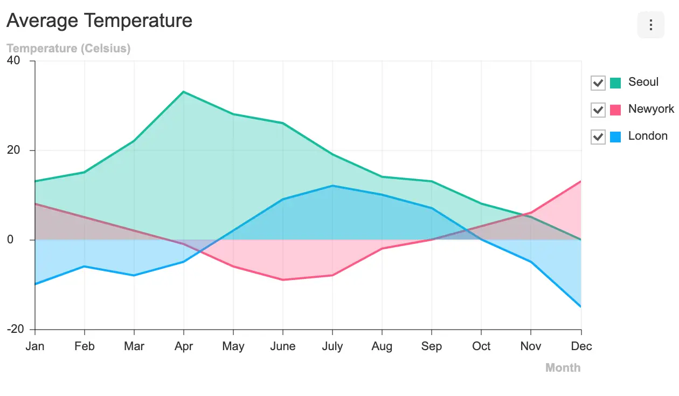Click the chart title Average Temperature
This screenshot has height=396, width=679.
pyautogui.click(x=99, y=21)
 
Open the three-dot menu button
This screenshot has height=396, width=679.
pyautogui.click(x=650, y=25)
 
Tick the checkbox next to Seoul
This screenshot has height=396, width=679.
pyautogui.click(x=598, y=83)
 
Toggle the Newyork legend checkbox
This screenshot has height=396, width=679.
pyautogui.click(x=598, y=110)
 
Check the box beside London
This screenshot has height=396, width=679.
pyautogui.click(x=598, y=136)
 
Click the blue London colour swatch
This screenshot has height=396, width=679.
pyautogui.click(x=615, y=137)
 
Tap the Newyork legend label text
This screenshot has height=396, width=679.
pyautogui.click(x=651, y=109)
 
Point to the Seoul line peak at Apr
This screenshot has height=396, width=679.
pyautogui.click(x=184, y=92)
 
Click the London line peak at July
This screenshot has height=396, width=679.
pyautogui.click(x=332, y=186)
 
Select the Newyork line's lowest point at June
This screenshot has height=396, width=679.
pyautogui.click(x=283, y=279)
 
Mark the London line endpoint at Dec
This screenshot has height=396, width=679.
pyautogui.click(x=580, y=306)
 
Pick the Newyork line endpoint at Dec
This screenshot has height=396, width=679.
pyautogui.click(x=580, y=181)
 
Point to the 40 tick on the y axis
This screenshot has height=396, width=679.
pyautogui.click(x=14, y=61)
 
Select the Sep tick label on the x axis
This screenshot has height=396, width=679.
pyautogui.click(x=432, y=346)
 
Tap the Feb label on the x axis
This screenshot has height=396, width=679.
pyautogui.click(x=85, y=346)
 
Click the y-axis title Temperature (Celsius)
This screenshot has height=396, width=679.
pyautogui.click(x=68, y=49)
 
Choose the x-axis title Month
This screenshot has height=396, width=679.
pyautogui.click(x=563, y=368)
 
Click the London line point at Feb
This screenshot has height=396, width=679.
pyautogui.click(x=85, y=266)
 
